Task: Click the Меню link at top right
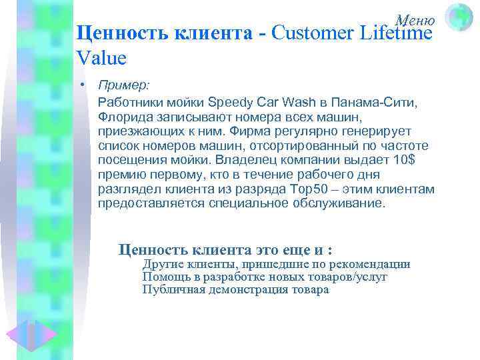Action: [415, 21]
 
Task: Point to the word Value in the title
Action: [101, 58]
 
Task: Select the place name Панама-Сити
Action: [376, 102]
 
